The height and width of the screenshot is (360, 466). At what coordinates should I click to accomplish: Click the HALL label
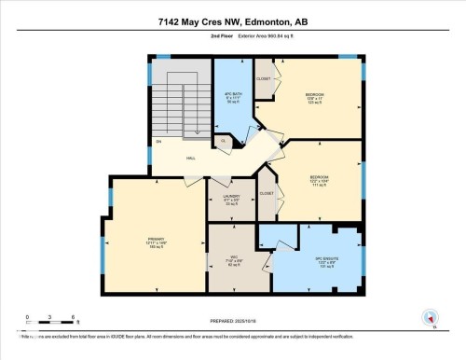click(191, 159)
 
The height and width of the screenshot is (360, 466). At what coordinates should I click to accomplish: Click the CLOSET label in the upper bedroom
click(263, 79)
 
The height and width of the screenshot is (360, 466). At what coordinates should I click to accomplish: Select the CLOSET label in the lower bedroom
click(267, 193)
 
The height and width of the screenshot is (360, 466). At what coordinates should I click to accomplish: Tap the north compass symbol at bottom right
click(431, 317)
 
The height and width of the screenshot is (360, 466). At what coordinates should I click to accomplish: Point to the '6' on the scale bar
click(60, 317)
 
